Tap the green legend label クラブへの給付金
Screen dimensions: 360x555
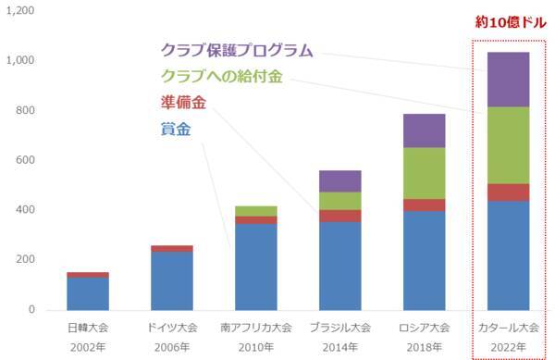(225, 76)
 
